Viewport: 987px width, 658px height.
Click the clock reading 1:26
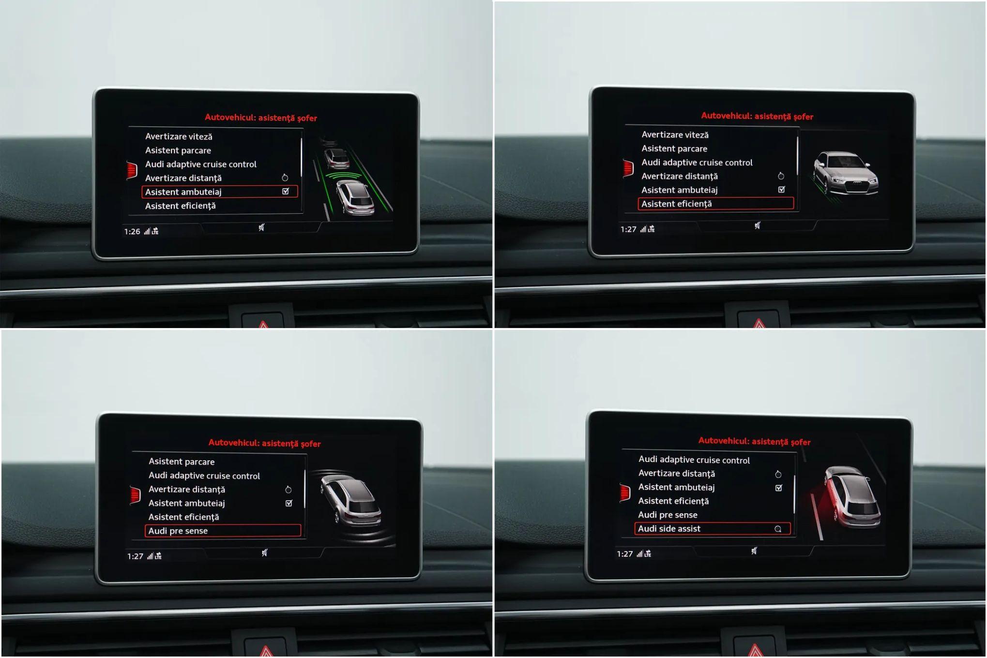coord(132,231)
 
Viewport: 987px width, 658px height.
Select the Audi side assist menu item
coord(669,529)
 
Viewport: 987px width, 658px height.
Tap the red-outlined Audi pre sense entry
coord(223,531)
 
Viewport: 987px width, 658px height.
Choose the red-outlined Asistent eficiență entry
coord(716,204)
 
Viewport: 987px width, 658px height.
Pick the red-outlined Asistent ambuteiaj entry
coord(220,192)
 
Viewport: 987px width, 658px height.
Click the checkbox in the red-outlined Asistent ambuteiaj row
coord(286,191)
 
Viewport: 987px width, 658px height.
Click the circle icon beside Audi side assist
coord(778,529)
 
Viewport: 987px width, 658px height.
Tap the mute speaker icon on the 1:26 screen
coord(261,227)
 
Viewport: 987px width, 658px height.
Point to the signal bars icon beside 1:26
coord(147,231)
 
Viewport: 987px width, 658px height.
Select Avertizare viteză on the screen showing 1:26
coord(179,136)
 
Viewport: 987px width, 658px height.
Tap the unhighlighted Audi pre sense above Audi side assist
coord(668,515)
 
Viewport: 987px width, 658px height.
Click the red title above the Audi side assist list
coord(754,441)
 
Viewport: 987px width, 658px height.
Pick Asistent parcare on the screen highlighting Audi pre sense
coord(182,462)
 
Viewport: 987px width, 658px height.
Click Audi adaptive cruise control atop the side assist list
coord(694,460)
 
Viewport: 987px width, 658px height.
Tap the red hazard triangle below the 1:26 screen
coord(263,325)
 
